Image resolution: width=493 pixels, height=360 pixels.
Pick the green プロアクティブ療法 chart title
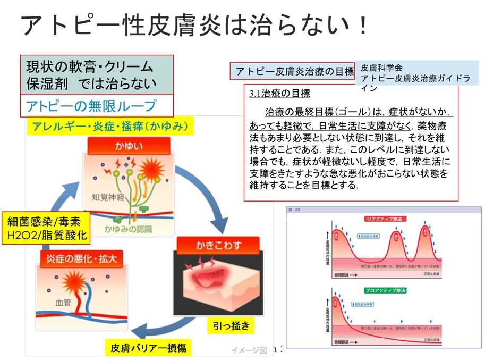coord(385,290)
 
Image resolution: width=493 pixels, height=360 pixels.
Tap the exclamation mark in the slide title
coord(363,26)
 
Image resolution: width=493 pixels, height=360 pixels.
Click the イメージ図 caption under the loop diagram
coord(249,350)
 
